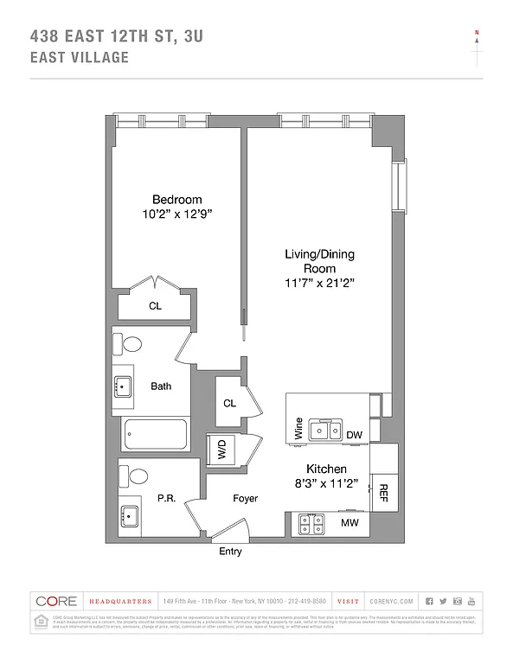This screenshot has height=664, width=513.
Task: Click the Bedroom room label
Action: (x=176, y=198)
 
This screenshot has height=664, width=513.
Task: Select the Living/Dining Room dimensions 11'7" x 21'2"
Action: (x=319, y=283)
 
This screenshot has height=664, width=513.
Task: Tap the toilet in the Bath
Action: (x=131, y=344)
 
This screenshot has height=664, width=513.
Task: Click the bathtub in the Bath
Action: (x=156, y=434)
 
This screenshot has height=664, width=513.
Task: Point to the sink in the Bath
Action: (x=122, y=386)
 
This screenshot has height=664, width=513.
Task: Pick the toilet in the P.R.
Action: (x=132, y=475)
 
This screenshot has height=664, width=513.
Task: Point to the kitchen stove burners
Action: (x=310, y=522)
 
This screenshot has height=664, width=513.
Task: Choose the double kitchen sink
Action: (x=326, y=430)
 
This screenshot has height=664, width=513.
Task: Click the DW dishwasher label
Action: (x=354, y=435)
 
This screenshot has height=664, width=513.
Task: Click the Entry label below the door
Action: (x=230, y=552)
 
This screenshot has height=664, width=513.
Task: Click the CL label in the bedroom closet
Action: (x=155, y=306)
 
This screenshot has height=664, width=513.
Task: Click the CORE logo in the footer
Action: (x=55, y=601)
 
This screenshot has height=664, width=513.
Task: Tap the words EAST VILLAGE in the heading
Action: (x=79, y=58)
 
